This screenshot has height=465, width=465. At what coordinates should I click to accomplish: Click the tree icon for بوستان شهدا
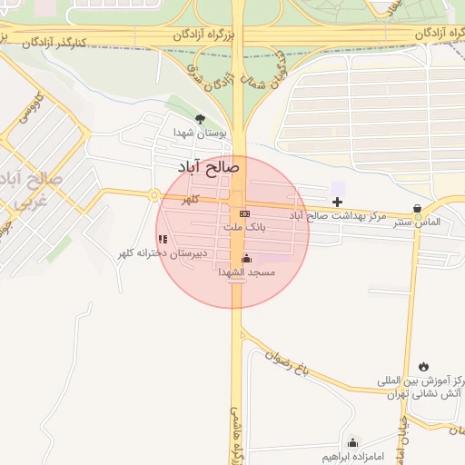(x=201, y=119)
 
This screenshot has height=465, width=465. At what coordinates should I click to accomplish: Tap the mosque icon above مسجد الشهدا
(x=246, y=258)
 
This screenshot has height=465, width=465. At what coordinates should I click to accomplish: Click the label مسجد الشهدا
(x=245, y=272)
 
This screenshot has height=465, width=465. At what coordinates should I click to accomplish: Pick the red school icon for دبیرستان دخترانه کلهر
(x=163, y=240)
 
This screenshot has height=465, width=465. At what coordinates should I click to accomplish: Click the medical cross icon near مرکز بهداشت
(x=338, y=201)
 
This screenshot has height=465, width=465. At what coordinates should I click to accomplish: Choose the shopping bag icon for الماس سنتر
(x=417, y=208)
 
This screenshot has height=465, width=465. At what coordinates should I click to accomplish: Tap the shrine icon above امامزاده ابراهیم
(x=352, y=441)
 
